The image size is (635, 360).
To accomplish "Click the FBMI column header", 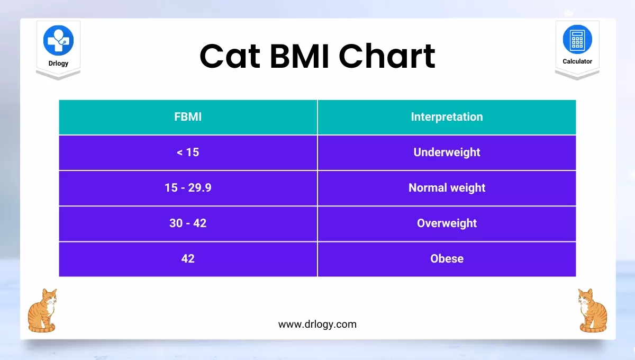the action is pos(188,117).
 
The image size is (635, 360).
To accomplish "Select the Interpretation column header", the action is pos(447,117).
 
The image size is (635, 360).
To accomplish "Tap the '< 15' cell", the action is pos(188,152).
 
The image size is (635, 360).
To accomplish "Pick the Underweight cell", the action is pos(447,152).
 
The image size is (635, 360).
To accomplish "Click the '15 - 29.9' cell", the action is pos(188,188).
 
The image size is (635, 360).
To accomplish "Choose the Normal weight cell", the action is pos(447,188).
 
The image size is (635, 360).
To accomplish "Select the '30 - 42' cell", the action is pos(188,223).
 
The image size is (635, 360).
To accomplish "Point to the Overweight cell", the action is pos(447,223).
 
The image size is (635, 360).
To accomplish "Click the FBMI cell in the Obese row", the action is pos(188,259).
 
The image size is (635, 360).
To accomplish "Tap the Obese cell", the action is pos(447,259).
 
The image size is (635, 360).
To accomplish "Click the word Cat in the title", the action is pos(230,56).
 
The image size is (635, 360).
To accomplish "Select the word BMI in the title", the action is pos(300,56).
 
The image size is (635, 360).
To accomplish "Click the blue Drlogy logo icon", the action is pos(58,40).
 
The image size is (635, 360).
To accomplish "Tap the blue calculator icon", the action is pos(577,39).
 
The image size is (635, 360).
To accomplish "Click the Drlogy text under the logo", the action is pos(58,63).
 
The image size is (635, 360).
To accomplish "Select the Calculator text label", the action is pos(577,61).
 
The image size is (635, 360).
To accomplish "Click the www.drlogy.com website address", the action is pos(317,324).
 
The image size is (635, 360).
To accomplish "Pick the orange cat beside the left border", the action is pos(42,311).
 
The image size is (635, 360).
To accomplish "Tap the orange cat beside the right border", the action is pos(593,311).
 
